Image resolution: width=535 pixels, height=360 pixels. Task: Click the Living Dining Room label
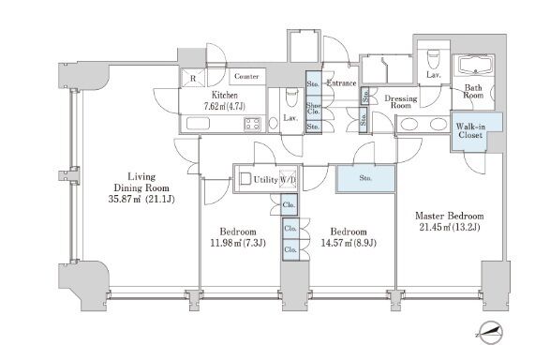(141, 183)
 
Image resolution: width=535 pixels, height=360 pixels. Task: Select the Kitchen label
(225, 95)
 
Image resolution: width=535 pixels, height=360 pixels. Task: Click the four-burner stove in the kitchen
(252, 124)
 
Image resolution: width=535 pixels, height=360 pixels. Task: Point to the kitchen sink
(198, 124)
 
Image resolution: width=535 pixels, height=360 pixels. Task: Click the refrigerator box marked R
(193, 78)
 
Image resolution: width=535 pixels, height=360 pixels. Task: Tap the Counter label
(246, 76)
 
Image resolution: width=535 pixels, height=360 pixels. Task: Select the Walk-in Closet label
(470, 130)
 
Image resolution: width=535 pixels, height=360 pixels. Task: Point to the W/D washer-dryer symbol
(288, 179)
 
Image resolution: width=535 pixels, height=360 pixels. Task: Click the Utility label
(265, 180)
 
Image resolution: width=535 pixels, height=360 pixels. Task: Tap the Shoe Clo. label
(313, 109)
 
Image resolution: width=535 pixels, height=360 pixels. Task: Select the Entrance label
(342, 83)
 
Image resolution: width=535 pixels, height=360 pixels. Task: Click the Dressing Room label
(401, 102)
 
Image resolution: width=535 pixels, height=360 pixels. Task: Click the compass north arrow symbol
(490, 332)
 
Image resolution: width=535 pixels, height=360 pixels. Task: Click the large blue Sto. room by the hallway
(365, 179)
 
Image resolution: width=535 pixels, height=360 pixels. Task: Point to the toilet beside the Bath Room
(433, 59)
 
